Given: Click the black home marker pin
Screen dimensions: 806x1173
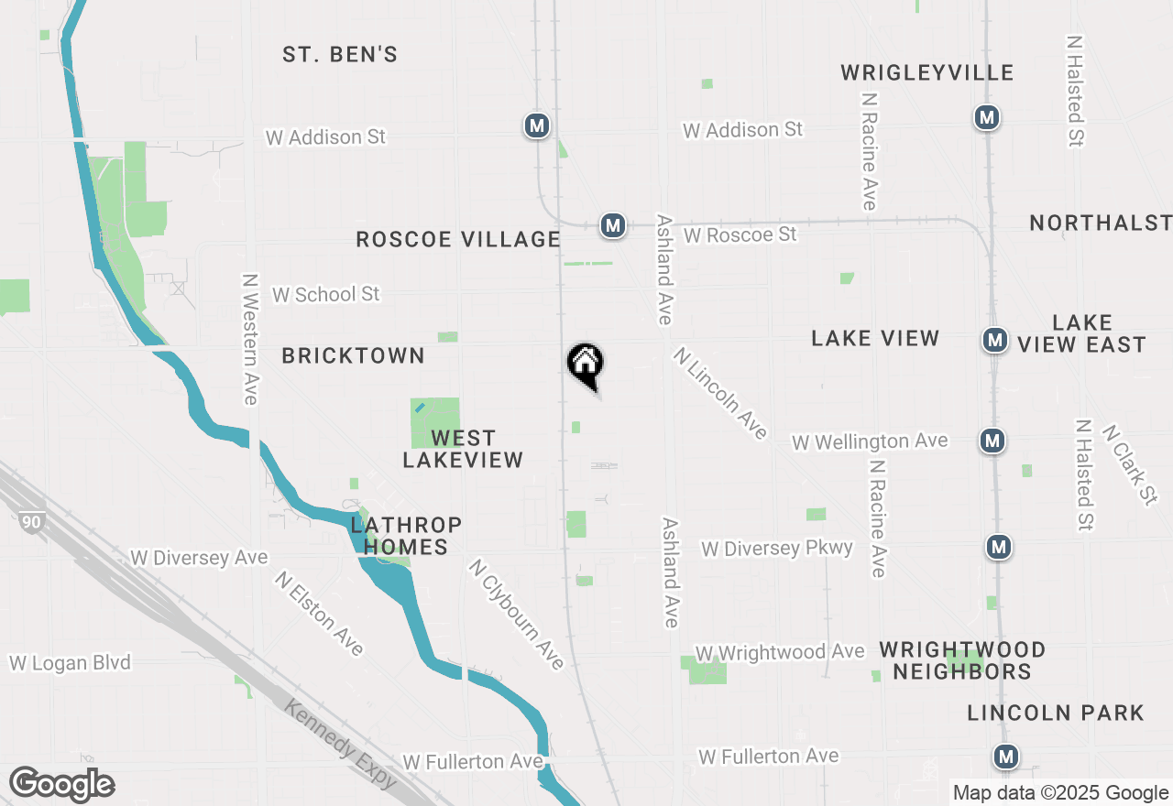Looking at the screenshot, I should point(586,365).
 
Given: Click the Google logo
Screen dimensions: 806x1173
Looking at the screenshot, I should point(61,785).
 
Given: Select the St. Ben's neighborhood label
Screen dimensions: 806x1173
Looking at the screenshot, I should point(340,55).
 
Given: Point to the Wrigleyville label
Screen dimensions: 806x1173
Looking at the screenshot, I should point(927,73).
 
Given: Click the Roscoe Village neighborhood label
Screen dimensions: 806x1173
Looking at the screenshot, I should point(457,240).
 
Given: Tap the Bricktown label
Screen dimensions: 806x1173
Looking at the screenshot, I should point(353,356).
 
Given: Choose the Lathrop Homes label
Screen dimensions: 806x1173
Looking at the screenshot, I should point(405,537).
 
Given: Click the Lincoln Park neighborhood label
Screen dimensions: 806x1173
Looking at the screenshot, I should point(1056,713).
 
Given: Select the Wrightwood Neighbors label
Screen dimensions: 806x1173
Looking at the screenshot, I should point(962,660).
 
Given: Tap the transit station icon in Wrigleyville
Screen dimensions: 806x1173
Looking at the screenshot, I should point(987,118).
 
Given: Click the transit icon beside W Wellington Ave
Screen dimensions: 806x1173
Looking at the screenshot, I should point(992,441).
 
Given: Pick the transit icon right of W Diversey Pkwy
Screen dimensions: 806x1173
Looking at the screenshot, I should point(999,548).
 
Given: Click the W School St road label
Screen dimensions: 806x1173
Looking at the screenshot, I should point(325,295).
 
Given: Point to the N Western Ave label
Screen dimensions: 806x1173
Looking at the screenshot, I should point(249,339).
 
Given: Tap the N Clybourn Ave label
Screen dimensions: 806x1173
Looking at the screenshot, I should point(516,614).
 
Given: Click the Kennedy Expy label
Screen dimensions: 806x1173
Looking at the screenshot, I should point(341,745).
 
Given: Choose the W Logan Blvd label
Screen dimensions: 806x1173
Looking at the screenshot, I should point(71,663).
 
